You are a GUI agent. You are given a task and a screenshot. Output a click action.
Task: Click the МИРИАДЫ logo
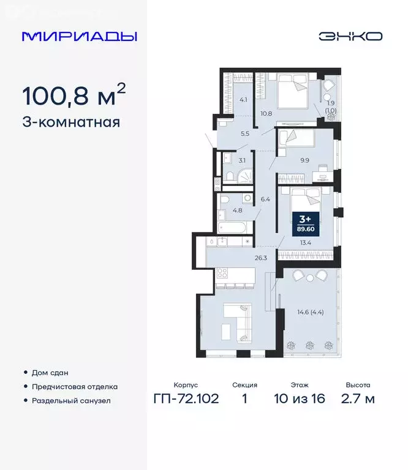[x=79, y=36]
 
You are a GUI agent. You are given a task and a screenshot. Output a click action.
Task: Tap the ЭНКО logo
[x=350, y=36]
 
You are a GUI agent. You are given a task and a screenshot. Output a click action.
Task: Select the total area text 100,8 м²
[x=74, y=95]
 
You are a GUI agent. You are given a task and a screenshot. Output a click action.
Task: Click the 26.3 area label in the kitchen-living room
[x=261, y=258]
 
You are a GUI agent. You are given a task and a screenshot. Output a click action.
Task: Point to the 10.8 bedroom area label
[x=266, y=113]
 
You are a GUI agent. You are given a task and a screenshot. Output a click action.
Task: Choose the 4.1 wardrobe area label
[x=243, y=100]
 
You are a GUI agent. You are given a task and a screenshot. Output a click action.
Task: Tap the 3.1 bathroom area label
[x=242, y=160]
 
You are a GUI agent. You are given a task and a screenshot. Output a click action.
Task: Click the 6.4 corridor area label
[x=265, y=199]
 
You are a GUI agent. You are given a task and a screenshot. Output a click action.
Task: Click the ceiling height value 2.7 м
[x=358, y=400]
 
